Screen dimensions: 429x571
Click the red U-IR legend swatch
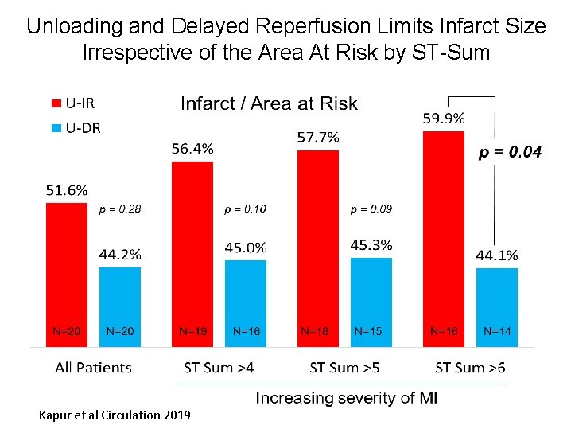(x=56, y=103)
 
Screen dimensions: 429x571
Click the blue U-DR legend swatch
(x=56, y=127)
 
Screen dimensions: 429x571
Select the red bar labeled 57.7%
(x=317, y=247)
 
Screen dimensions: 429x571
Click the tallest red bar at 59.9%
(x=443, y=239)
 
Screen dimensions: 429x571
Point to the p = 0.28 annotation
(x=119, y=210)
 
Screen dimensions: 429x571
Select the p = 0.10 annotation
(x=245, y=210)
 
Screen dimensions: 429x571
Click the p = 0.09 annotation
(x=371, y=210)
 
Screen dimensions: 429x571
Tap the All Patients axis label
(x=93, y=368)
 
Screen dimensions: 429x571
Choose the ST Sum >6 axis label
(x=470, y=368)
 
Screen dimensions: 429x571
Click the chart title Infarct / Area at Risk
(x=269, y=103)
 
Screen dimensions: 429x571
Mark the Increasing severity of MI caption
(x=346, y=398)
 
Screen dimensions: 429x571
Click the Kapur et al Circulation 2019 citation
(x=115, y=415)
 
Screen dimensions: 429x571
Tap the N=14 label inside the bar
(x=497, y=331)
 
